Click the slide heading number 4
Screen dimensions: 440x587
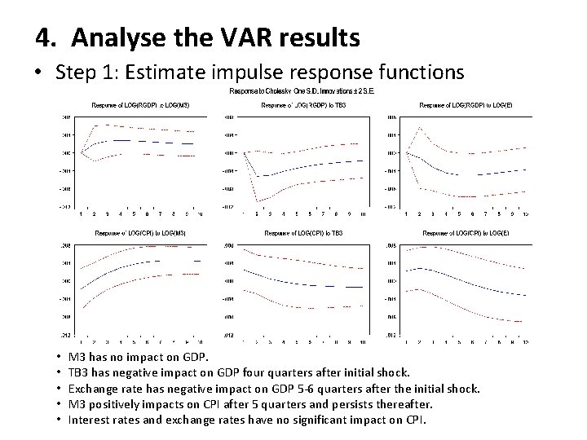[46, 37]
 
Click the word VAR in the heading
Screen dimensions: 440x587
[225, 37]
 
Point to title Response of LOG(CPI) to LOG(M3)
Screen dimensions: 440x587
[139, 233]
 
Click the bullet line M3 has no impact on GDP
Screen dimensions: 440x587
[139, 357]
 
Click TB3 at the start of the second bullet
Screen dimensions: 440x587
[80, 372]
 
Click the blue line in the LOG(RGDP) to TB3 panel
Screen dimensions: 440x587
[310, 167]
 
